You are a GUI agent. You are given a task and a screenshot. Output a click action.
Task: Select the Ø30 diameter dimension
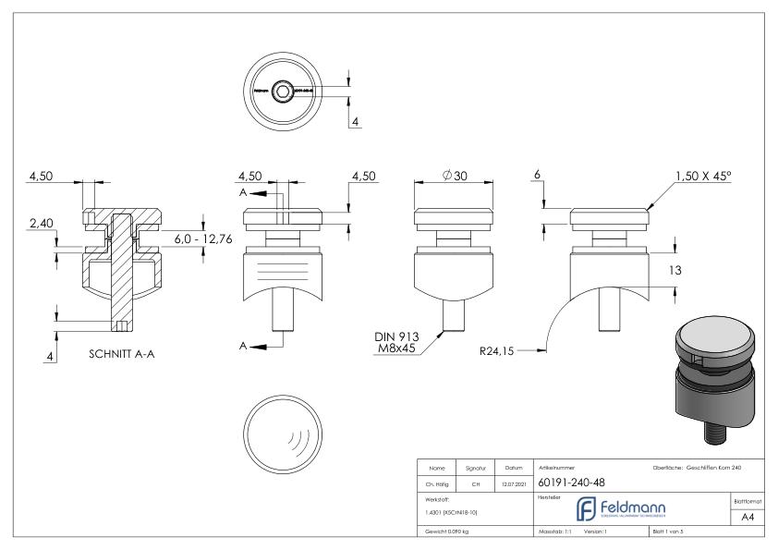pos(454,177)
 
